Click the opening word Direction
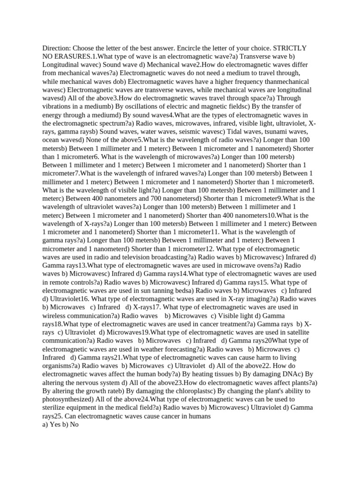tap(56, 48)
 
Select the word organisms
tap(60, 366)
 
